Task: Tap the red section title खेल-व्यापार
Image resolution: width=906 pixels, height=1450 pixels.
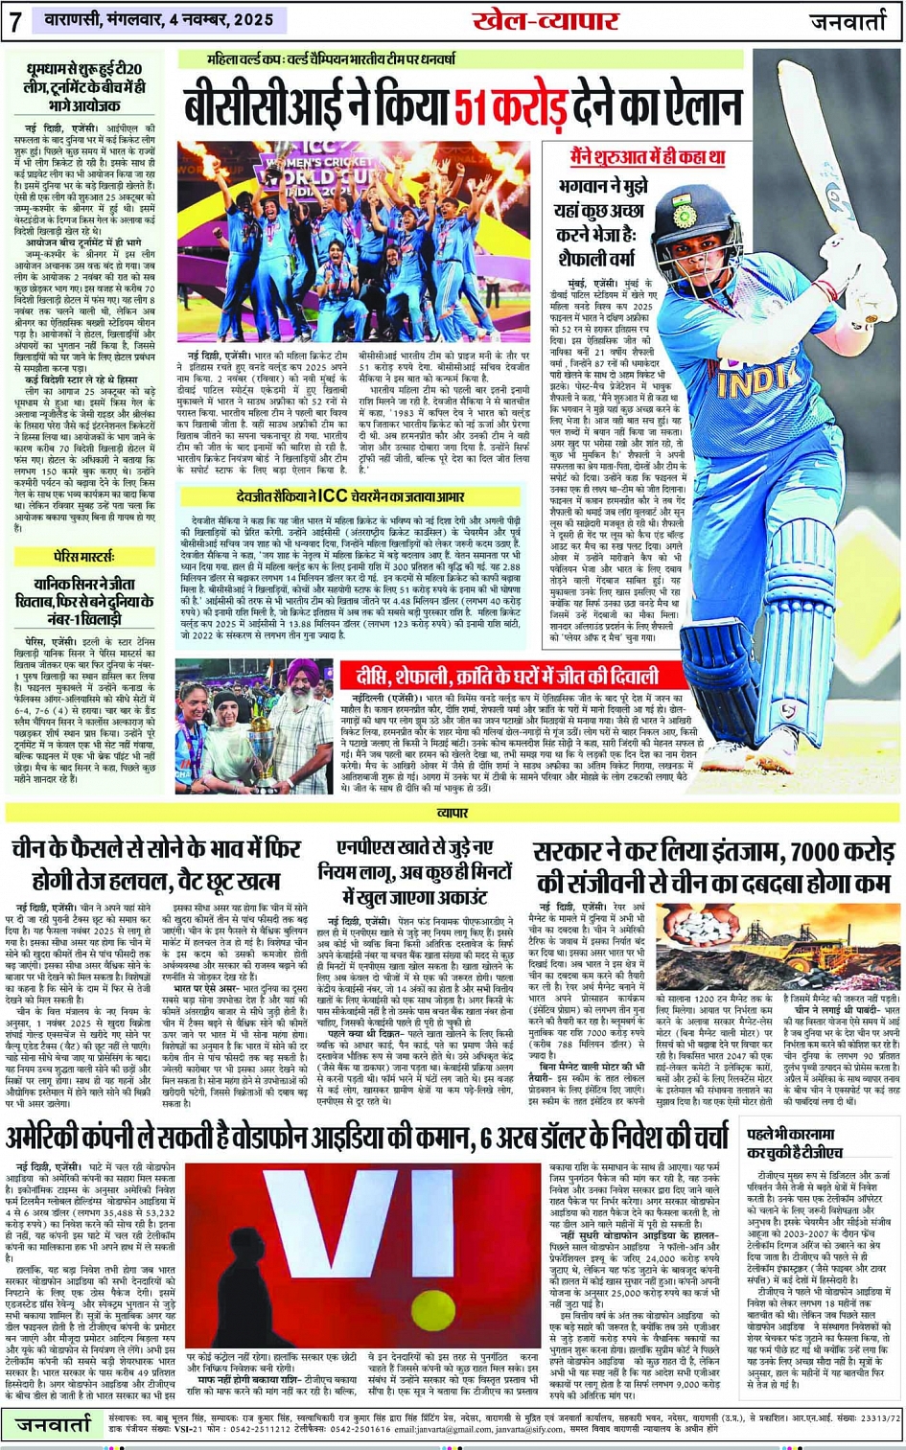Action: (x=545, y=19)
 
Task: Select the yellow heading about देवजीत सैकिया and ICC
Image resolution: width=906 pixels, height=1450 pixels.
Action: (x=350, y=496)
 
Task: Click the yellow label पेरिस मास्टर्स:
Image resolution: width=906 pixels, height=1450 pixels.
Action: (x=84, y=557)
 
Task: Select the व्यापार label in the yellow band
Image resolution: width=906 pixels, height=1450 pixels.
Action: (x=453, y=813)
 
